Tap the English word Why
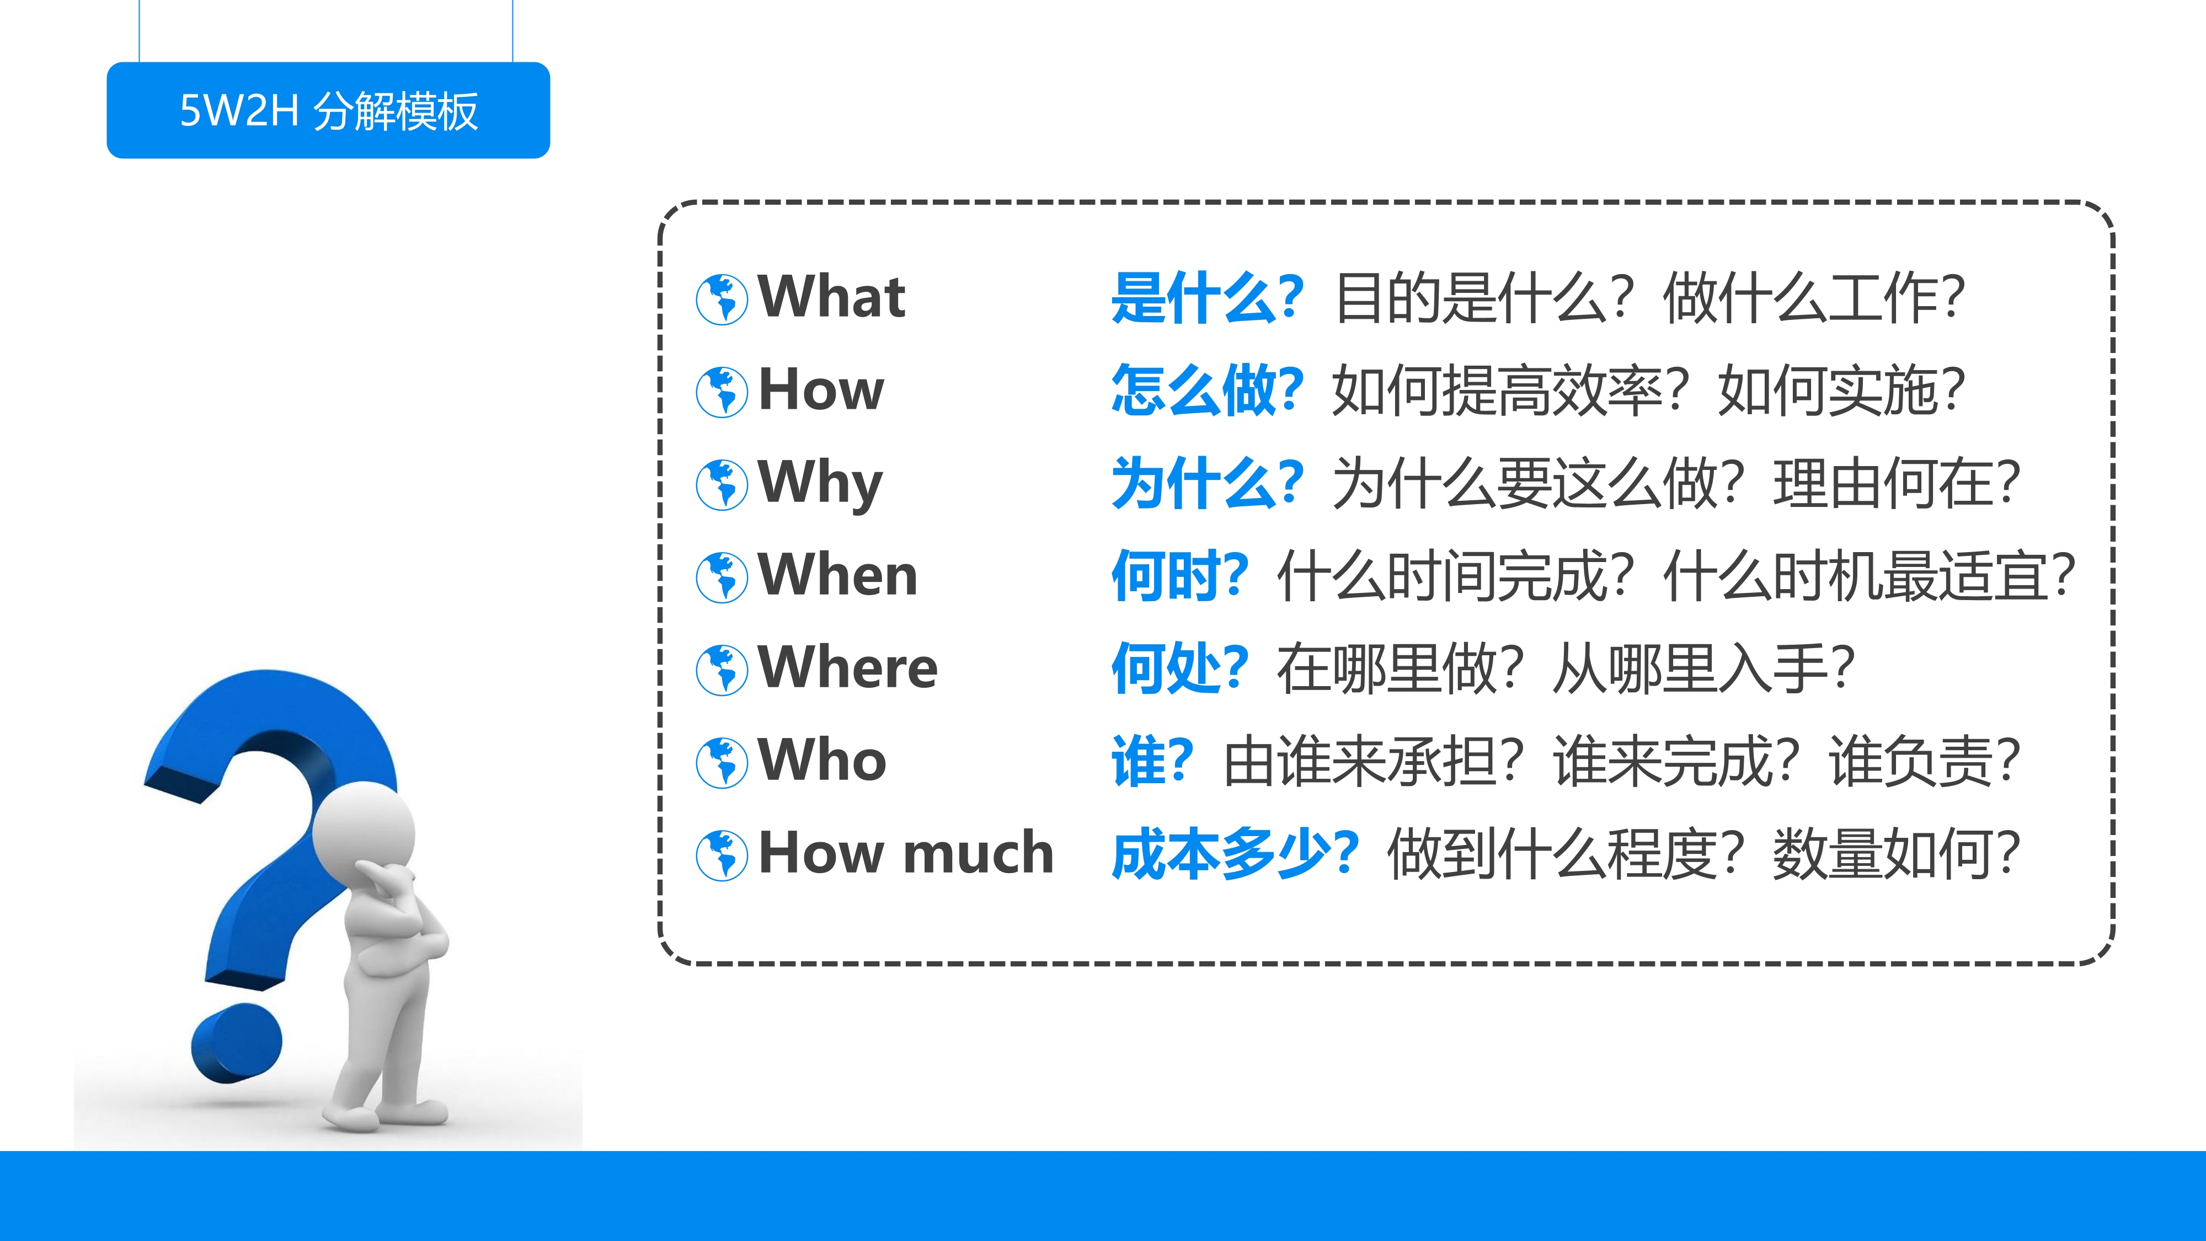click(x=820, y=483)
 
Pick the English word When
click(x=837, y=575)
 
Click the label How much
click(x=906, y=853)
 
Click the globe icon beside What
click(x=722, y=299)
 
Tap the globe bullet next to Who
click(x=722, y=762)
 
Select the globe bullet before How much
click(x=722, y=855)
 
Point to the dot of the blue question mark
click(x=236, y=1043)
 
